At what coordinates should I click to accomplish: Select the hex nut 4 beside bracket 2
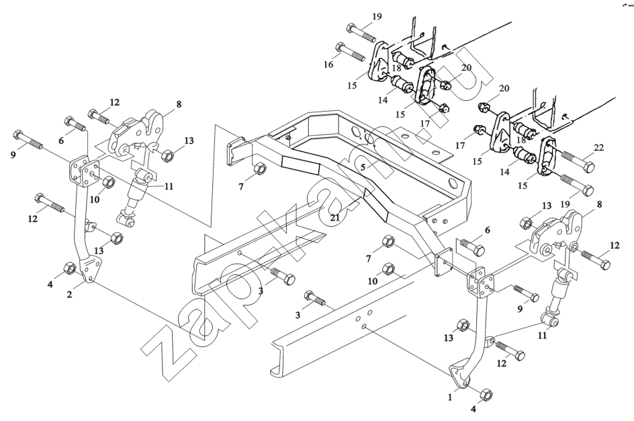click(68, 269)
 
